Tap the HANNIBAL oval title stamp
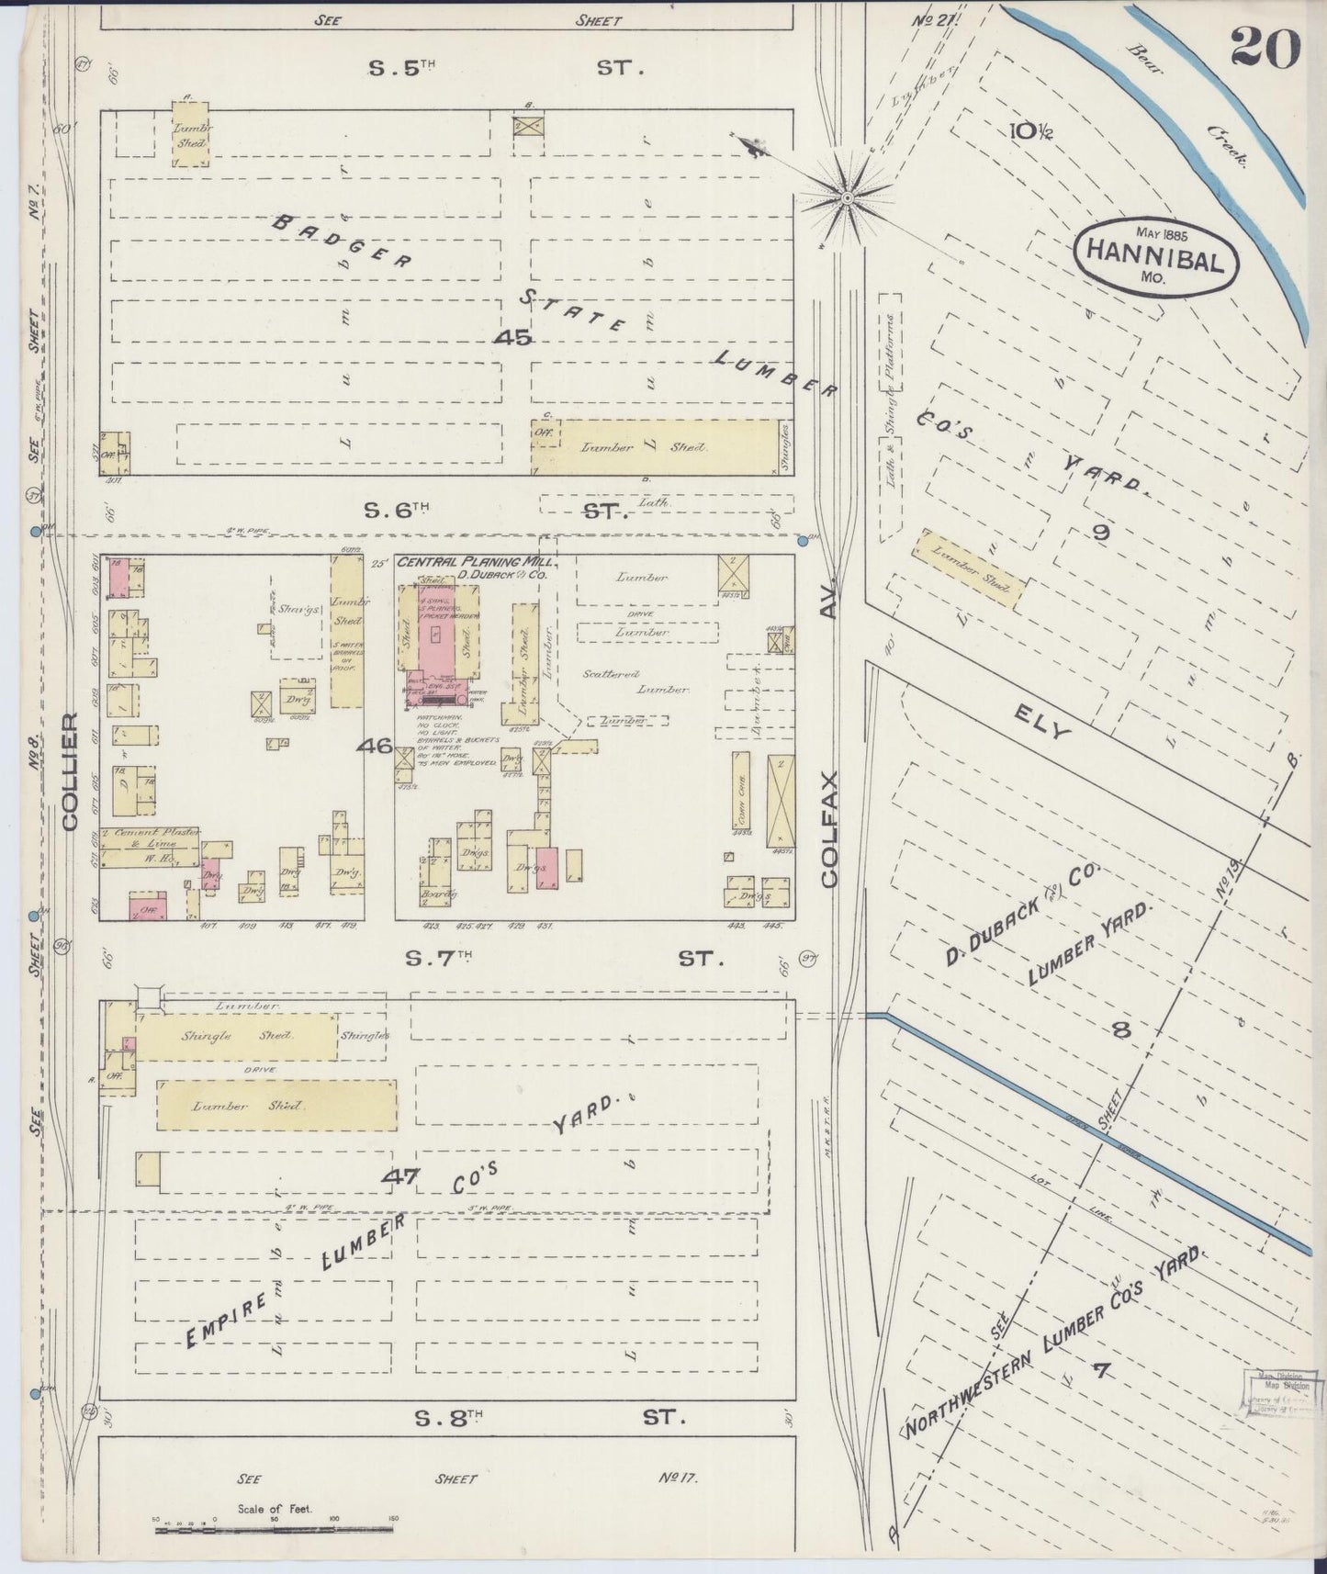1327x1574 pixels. coord(1155,256)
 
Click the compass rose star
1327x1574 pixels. coord(847,197)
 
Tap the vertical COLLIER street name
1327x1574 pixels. coord(71,771)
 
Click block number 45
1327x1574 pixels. coord(512,338)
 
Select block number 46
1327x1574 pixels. coord(375,746)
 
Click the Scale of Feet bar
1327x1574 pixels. coord(276,1530)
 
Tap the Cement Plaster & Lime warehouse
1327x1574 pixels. coord(152,846)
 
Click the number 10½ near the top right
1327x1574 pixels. coord(1033,130)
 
